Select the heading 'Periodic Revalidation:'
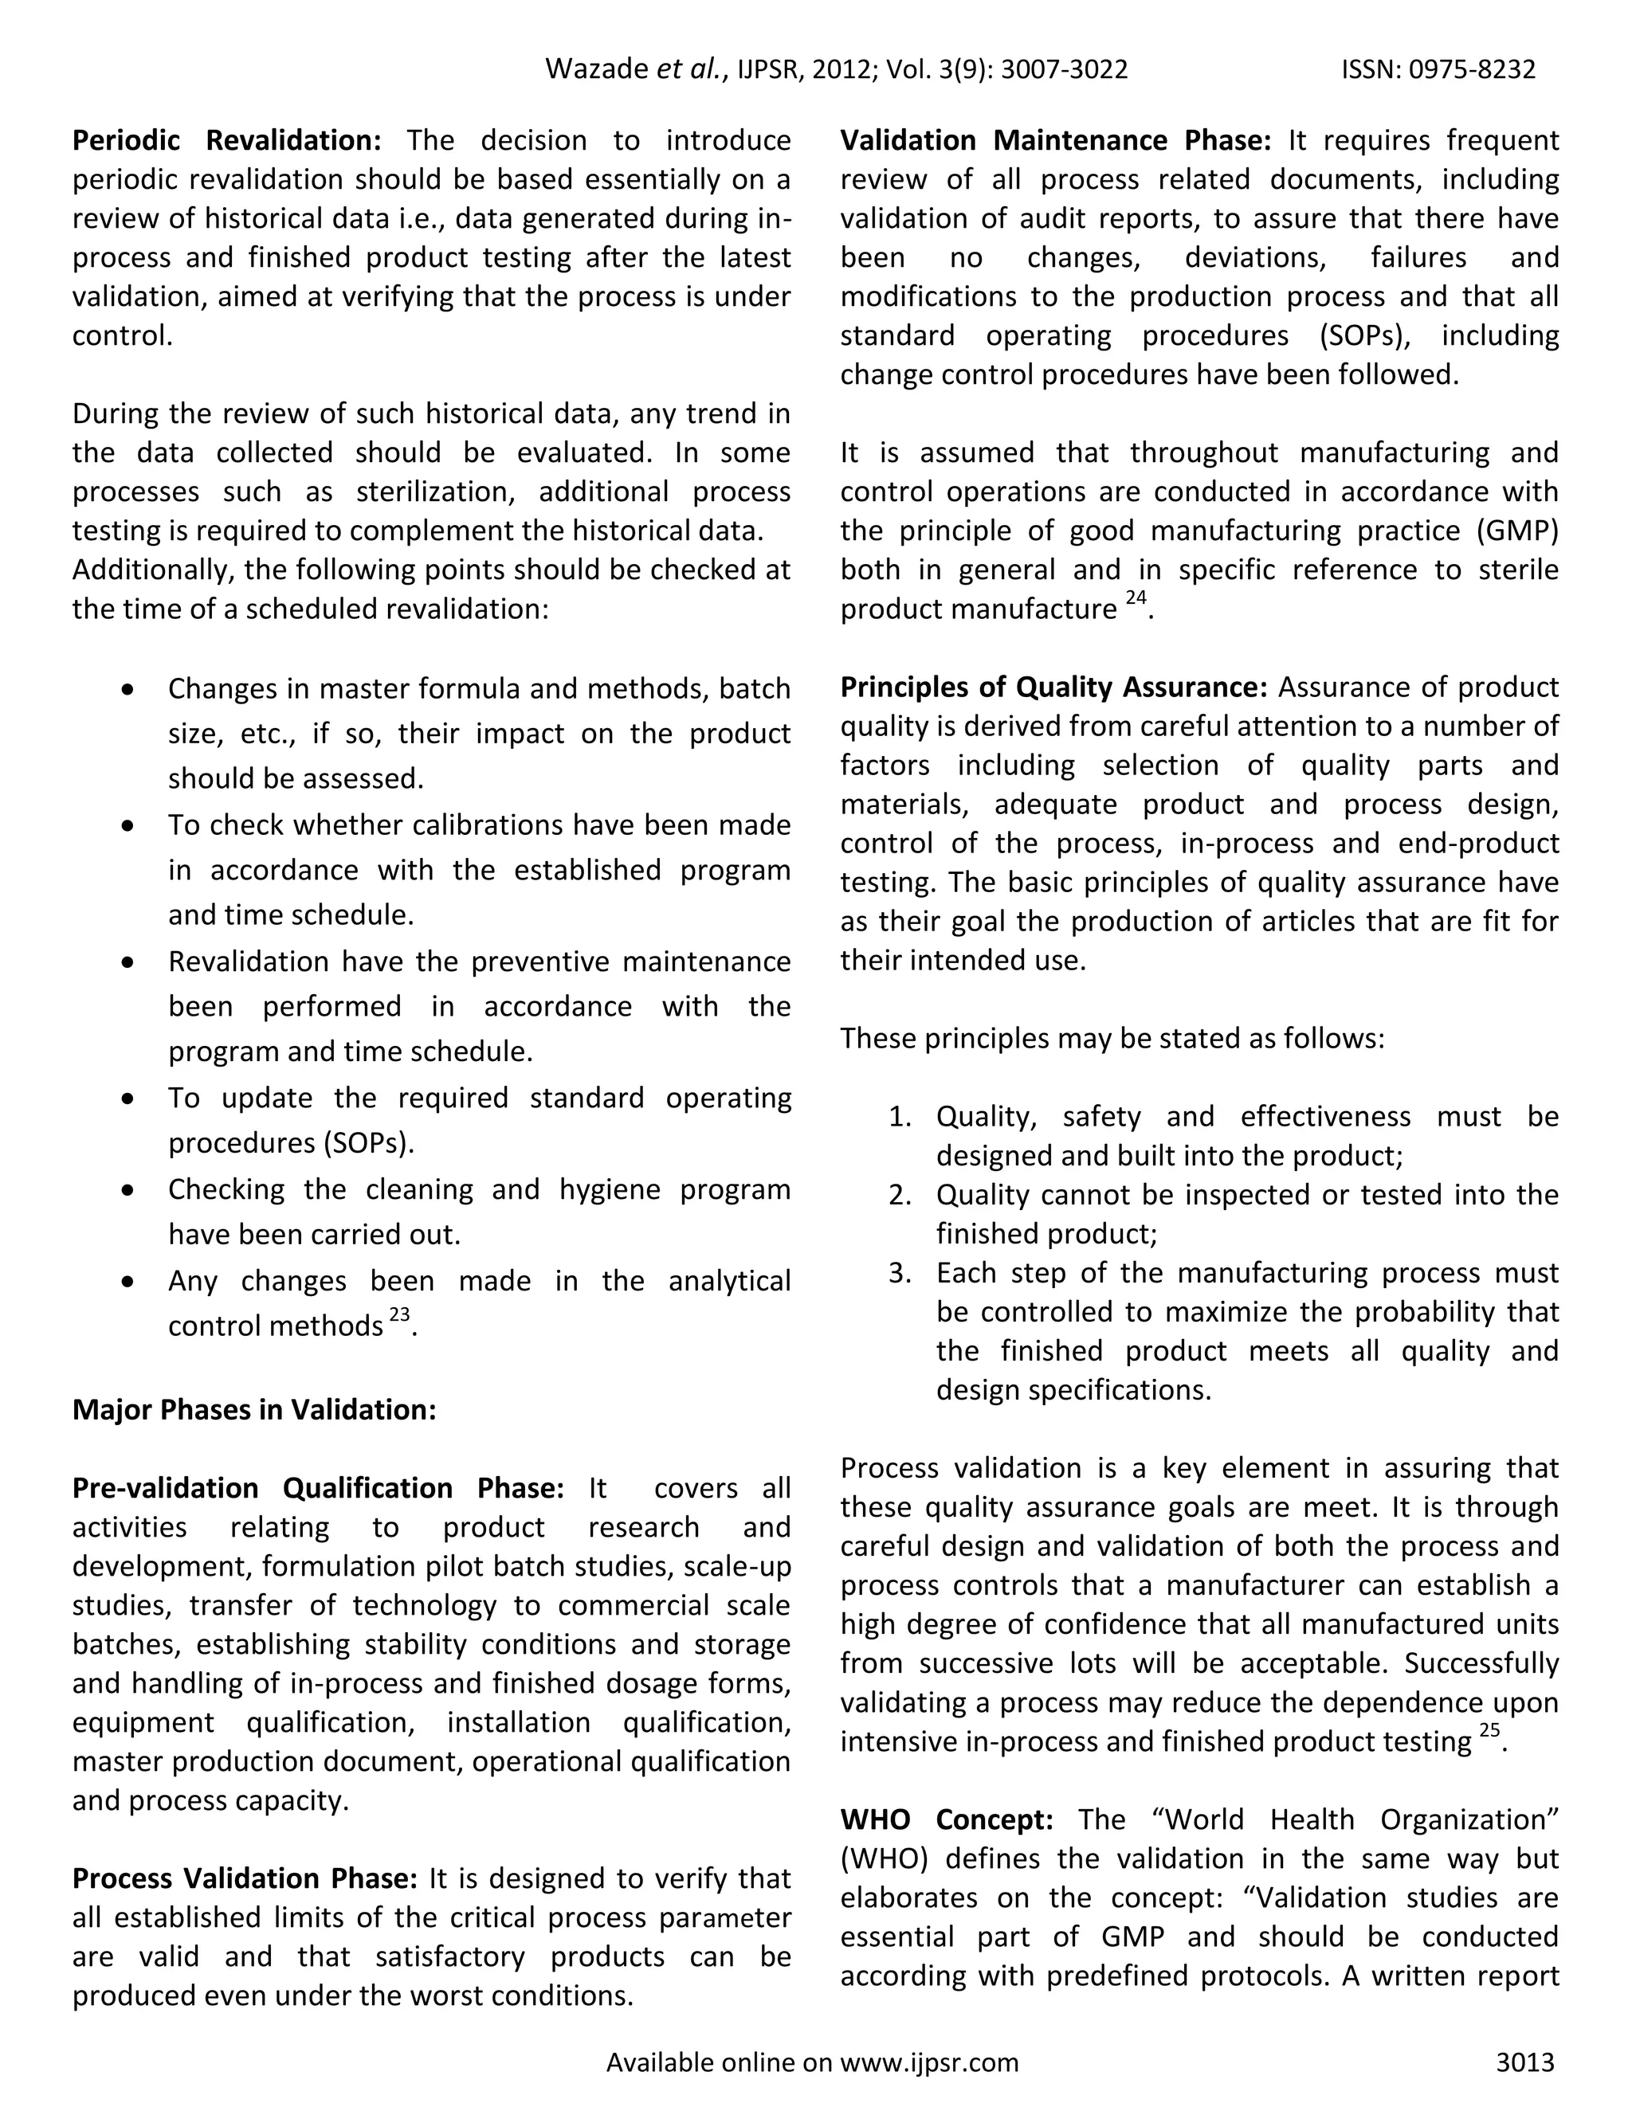227,141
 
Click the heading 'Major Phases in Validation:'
254,1410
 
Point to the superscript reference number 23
399,1314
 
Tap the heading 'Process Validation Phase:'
245,1878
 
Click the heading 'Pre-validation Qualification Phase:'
318,1487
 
